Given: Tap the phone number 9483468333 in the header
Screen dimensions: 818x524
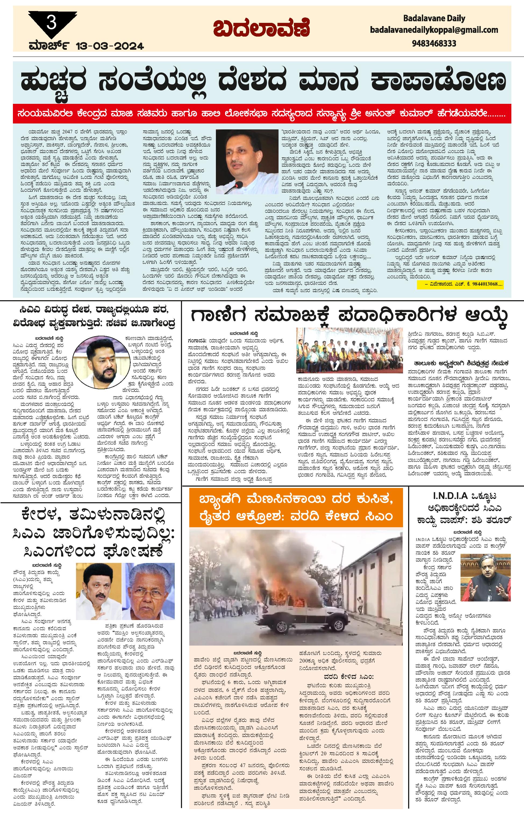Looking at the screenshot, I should pyautogui.click(x=434, y=44).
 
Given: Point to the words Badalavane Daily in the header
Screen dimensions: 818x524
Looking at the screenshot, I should pyautogui.click(x=434, y=18).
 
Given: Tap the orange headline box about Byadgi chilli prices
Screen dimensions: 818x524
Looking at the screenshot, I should pyautogui.click(x=296, y=508).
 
